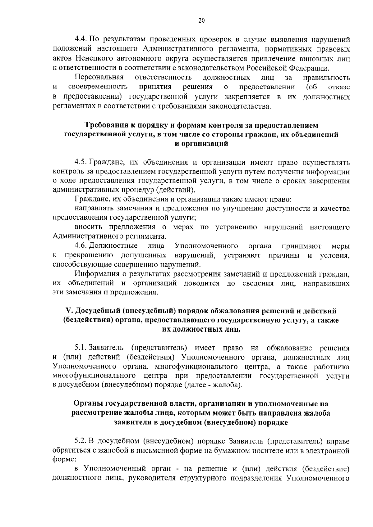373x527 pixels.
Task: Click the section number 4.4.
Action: click(x=81, y=40)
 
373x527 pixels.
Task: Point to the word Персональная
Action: click(x=99, y=77)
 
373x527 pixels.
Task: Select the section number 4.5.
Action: click(x=81, y=162)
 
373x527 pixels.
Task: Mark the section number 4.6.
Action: click(x=81, y=246)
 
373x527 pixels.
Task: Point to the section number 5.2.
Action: click(x=81, y=441)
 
